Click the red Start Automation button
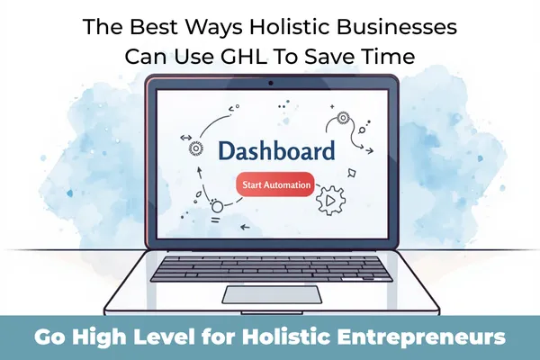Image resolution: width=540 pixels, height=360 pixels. pyautogui.click(x=275, y=185)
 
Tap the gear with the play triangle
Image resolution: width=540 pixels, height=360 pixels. pyautogui.click(x=329, y=199)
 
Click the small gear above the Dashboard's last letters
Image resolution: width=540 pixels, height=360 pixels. pyautogui.click(x=343, y=118)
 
